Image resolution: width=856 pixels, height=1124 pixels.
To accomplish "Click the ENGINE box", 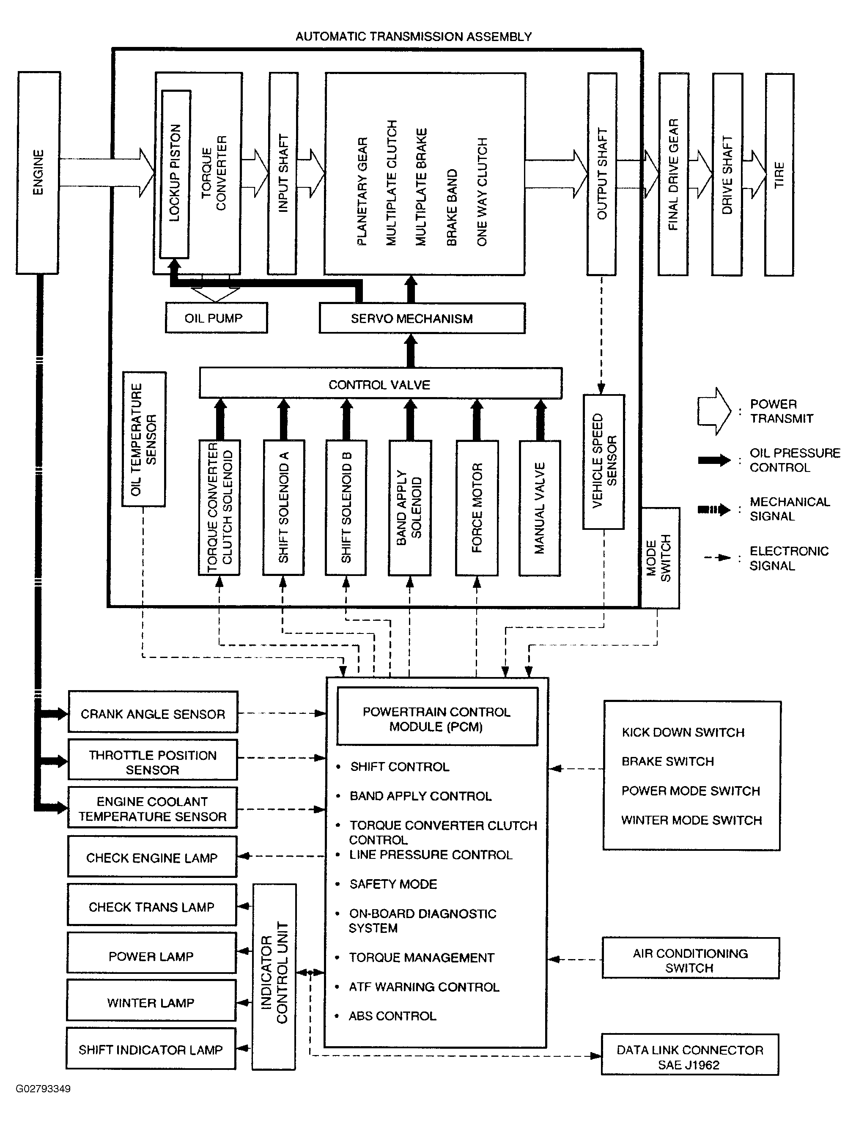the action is point(38,173).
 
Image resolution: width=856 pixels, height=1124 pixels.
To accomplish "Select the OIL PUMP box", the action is point(216,318).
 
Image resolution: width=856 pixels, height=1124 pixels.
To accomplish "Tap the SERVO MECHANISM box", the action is point(422,318).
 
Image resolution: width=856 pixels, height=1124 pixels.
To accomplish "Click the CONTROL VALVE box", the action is point(381,383).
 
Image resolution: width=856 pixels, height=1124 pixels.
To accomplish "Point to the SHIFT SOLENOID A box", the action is point(283,507).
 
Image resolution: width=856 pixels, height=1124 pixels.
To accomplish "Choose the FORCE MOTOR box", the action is point(476,508).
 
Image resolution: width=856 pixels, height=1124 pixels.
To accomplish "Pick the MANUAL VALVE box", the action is point(540,508).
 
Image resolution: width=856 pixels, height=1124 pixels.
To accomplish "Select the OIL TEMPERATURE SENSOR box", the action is point(144,439).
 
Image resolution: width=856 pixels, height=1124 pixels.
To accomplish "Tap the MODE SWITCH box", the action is point(660,558).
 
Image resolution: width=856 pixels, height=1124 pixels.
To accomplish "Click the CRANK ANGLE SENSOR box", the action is point(153,712).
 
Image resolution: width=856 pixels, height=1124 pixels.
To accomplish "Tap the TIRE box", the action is point(779,175).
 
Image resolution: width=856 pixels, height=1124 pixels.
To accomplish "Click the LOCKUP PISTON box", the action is point(175,174).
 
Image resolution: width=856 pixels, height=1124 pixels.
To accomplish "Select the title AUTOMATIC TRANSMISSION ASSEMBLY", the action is point(414,37).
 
